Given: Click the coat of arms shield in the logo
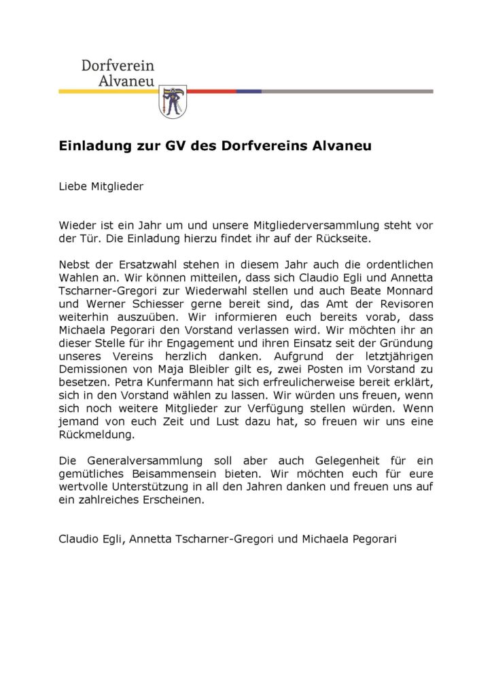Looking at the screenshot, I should pyautogui.click(x=172, y=101).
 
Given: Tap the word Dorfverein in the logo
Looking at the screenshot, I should pyautogui.click(x=118, y=66).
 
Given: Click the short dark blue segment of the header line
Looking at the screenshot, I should pyautogui.click(x=249, y=91).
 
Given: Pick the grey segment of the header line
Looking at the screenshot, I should pyautogui.click(x=347, y=91).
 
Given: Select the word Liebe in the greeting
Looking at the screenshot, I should pyautogui.click(x=73, y=187).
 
